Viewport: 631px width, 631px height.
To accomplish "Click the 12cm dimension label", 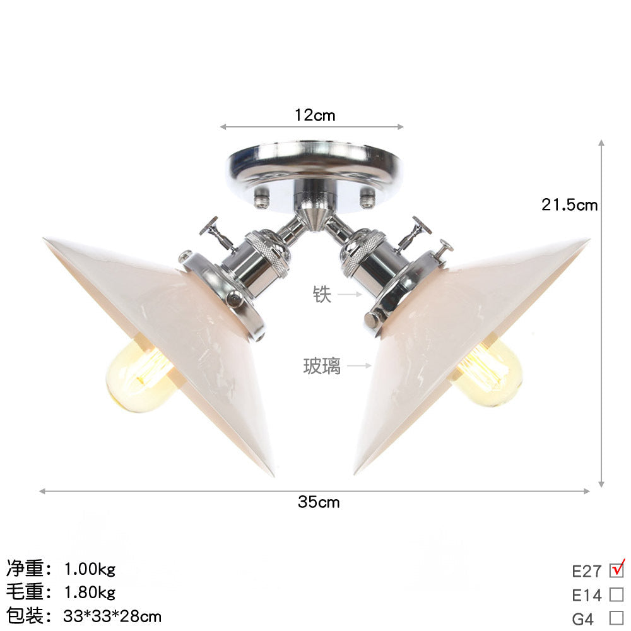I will click(315, 115).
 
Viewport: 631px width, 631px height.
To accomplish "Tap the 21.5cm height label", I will click(569, 204).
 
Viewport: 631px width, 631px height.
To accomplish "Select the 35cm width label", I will click(319, 502).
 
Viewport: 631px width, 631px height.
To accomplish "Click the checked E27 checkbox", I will click(616, 570).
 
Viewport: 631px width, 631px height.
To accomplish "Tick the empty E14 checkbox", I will click(616, 594).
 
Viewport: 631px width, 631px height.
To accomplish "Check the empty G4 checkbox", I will click(616, 618).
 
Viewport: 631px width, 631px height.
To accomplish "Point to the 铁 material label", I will click(322, 294).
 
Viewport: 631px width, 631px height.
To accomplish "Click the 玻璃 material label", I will click(321, 366).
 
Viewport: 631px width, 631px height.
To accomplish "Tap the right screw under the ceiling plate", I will click(367, 200).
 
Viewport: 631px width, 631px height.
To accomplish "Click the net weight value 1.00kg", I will click(90, 570).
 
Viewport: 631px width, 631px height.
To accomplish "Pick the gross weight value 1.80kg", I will click(90, 593).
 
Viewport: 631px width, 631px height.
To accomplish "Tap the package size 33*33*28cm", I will click(113, 615).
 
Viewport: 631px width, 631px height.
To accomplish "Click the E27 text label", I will click(586, 571).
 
